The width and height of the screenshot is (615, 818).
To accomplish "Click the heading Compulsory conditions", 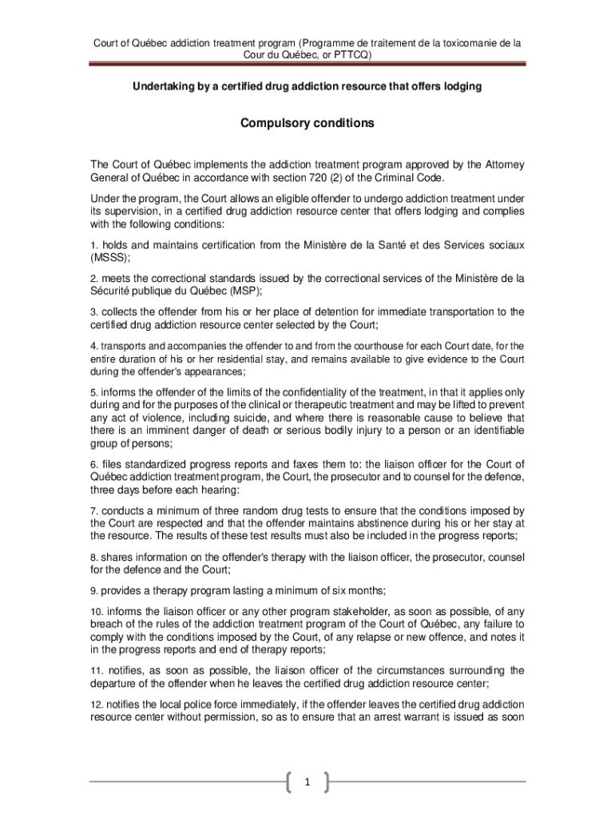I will (x=307, y=124).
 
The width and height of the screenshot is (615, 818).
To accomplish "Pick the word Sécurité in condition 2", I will (x=112, y=292).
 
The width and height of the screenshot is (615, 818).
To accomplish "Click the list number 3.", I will (x=93, y=312).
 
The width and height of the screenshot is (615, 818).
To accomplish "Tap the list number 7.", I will (x=93, y=510).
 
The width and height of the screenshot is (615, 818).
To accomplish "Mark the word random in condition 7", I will (x=243, y=510).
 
